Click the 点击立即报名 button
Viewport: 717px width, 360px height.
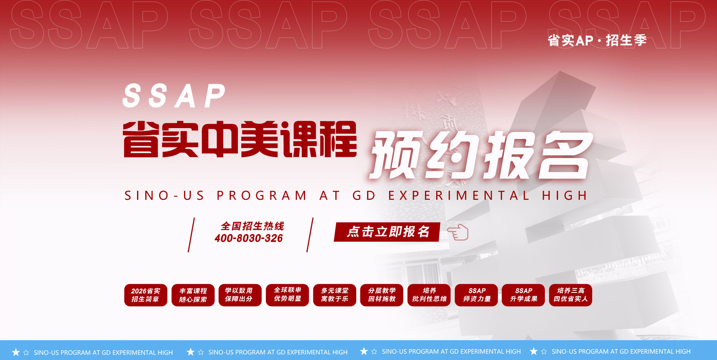tap(387, 232)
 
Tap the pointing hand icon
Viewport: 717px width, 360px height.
tap(458, 232)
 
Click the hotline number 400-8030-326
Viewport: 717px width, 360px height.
tap(249, 238)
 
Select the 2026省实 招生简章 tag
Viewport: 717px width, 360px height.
tap(146, 295)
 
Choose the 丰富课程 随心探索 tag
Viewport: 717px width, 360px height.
tap(193, 295)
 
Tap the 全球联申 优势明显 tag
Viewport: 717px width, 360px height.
tap(288, 295)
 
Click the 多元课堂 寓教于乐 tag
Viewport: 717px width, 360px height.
tap(335, 295)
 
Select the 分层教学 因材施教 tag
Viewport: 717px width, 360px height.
tap(382, 295)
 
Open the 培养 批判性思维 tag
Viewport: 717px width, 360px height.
tap(429, 295)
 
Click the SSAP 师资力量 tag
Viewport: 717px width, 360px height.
tap(477, 295)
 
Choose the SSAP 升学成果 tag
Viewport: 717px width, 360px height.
tap(524, 295)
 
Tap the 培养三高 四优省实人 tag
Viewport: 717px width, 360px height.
tap(571, 295)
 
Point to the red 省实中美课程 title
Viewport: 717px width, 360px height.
tap(240, 139)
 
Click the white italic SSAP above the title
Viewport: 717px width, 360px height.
tap(174, 96)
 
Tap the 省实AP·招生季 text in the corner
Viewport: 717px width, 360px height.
tap(597, 40)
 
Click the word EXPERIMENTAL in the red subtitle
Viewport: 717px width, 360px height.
tap(459, 195)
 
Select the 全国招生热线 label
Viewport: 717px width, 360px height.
tap(252, 226)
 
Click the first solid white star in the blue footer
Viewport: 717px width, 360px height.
tap(16, 352)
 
